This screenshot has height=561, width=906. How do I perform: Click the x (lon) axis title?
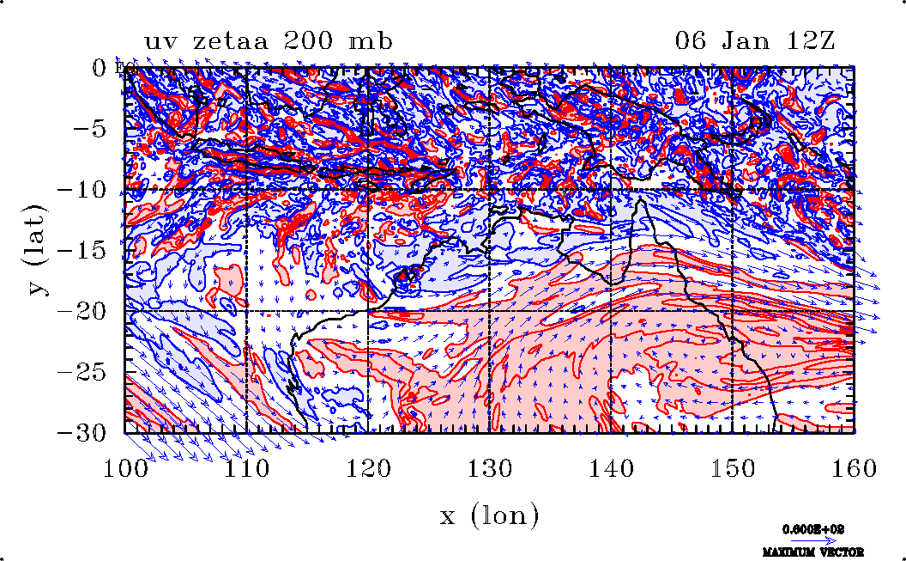[489, 515]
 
